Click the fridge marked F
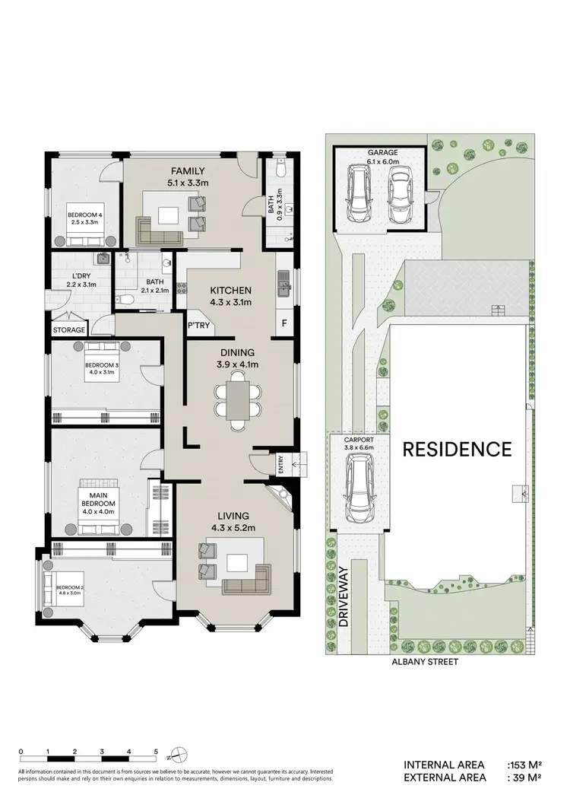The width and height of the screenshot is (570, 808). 284,323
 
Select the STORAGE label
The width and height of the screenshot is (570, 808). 68,330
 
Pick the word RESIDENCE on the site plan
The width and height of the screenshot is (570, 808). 457,449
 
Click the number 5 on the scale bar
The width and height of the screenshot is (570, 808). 156,752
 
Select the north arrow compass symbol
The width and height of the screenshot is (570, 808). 176,756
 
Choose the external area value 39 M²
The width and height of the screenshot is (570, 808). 524,778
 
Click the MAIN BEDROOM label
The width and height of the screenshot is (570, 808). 99,498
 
